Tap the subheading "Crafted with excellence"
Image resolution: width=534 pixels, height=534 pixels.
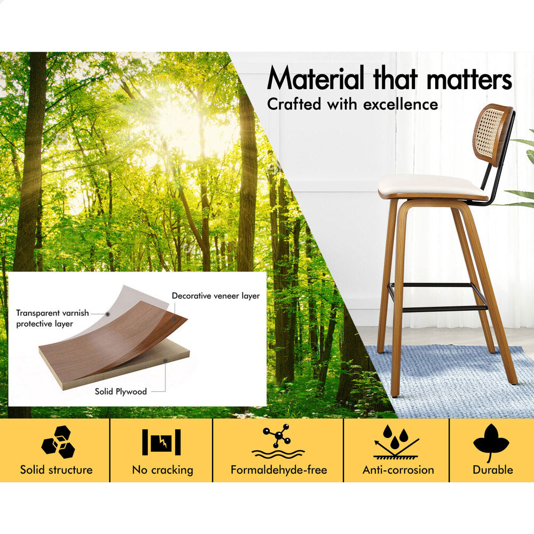(352, 104)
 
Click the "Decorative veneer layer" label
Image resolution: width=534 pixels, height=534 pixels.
(216, 296)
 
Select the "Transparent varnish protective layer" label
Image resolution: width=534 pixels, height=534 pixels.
(52, 318)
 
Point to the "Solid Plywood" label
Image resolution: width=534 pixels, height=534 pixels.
(121, 391)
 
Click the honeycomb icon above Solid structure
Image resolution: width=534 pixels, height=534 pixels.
(58, 442)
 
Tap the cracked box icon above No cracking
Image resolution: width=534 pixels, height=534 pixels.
(161, 442)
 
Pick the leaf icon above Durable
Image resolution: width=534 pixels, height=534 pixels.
(491, 442)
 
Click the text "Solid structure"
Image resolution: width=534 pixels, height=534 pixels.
(56, 470)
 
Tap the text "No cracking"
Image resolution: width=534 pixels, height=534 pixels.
(162, 470)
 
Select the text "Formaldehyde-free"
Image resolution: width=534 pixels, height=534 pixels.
(279, 470)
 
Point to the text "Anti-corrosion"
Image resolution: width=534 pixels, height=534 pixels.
(398, 470)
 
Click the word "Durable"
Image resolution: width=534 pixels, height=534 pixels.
(493, 470)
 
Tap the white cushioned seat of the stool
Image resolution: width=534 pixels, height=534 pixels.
(432, 186)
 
